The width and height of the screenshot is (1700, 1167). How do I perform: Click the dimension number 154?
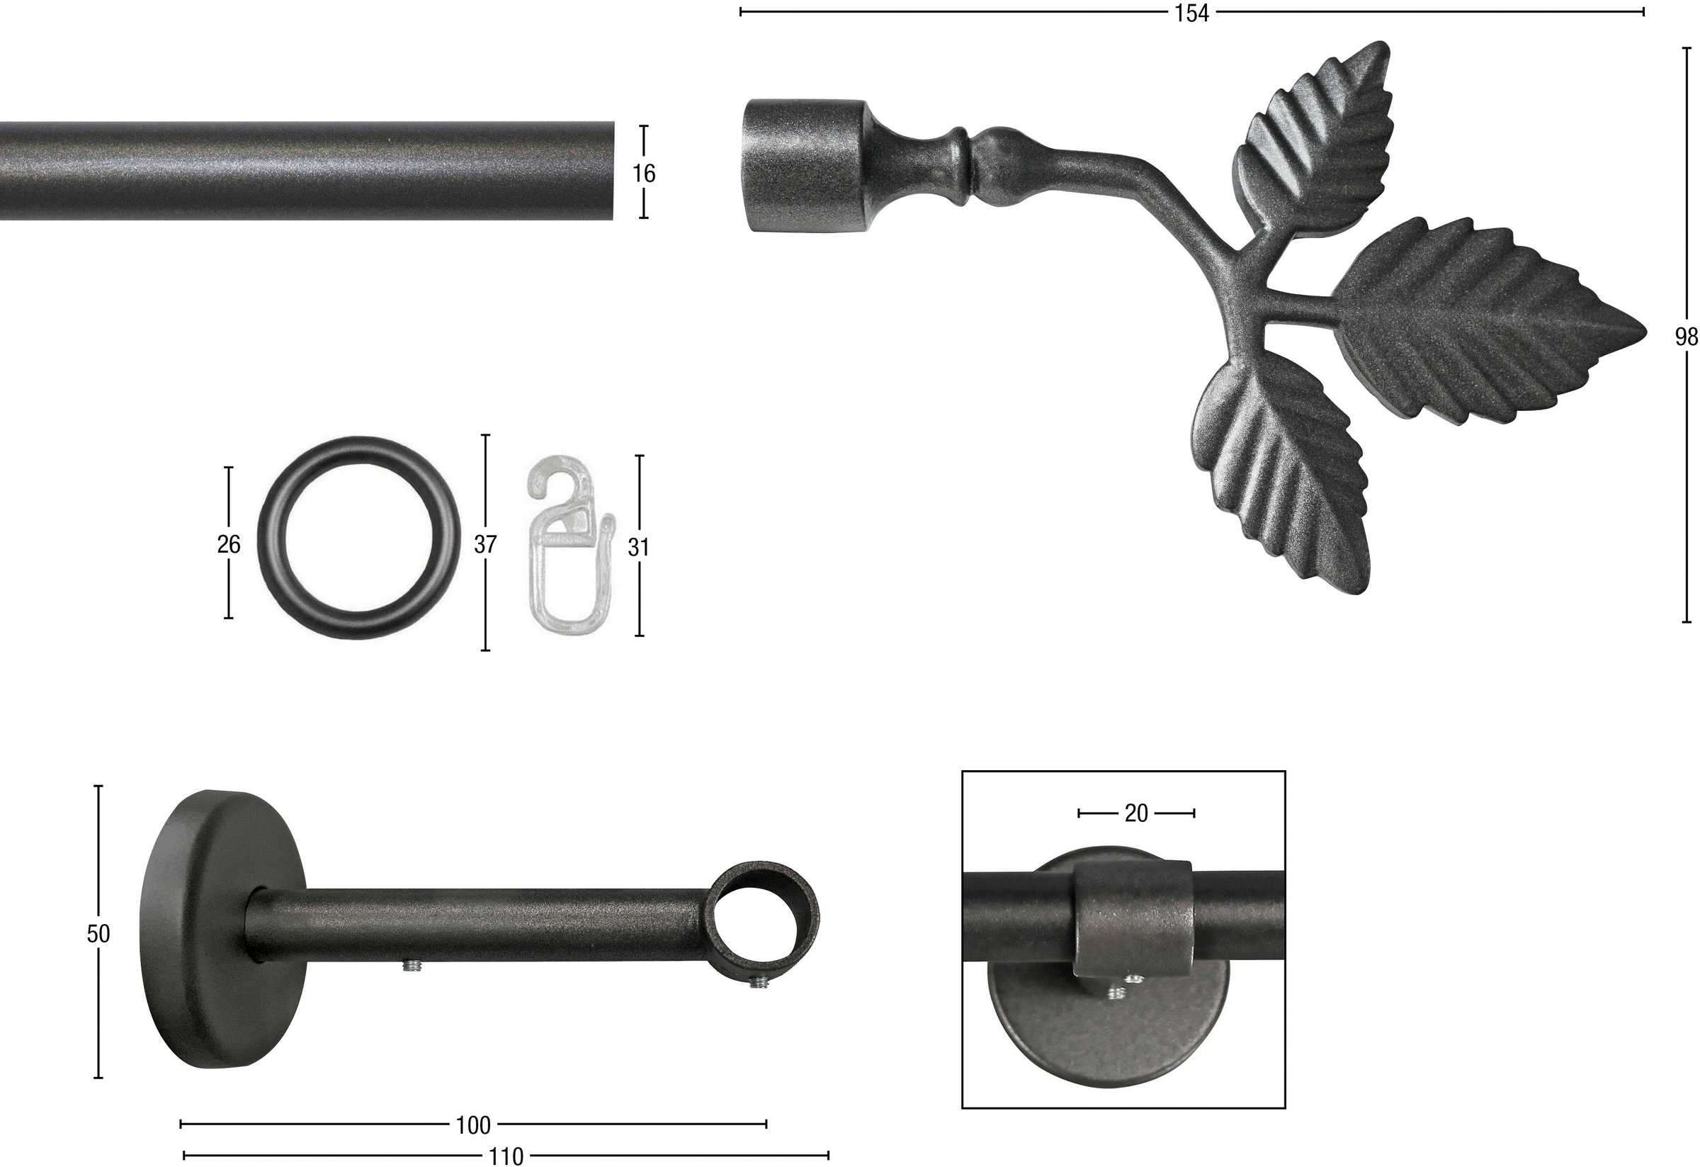[1192, 13]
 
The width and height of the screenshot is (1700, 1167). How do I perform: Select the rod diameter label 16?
[644, 174]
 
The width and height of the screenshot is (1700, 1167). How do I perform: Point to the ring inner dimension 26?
[229, 543]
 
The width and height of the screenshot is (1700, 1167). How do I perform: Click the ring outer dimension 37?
[486, 543]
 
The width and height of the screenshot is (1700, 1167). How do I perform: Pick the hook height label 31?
[639, 546]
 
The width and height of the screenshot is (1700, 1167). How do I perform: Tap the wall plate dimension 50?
[98, 934]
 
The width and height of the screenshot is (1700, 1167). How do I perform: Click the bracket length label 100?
[473, 1125]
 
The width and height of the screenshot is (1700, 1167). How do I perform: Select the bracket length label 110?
[506, 1156]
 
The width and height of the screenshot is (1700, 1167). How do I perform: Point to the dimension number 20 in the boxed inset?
[1136, 813]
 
